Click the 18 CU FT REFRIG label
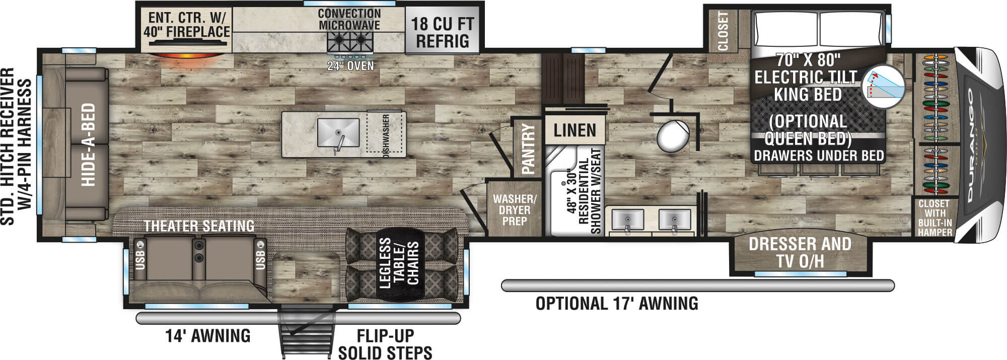pos(443,32)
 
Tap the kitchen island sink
pos(338,133)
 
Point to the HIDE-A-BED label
pos(89,145)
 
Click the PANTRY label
pos(528,149)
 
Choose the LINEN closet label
pos(574,131)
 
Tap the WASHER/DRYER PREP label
pos(515,210)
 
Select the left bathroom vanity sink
pos(627,220)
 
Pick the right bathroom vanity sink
pos(675,220)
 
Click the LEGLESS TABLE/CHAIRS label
pos(399,263)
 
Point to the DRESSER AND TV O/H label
pos(800,253)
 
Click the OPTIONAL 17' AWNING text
pos(617,304)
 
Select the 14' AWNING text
pos(208,335)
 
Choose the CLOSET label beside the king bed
pos(723,31)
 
